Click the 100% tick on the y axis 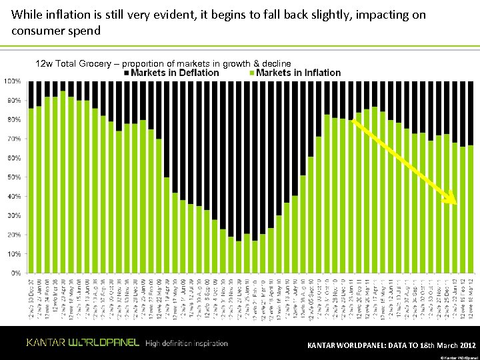12,81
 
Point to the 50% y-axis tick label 13,177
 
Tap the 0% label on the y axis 15,273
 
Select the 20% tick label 13,235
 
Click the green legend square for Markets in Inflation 251,73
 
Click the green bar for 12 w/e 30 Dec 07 31,190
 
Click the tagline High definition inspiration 186,343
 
